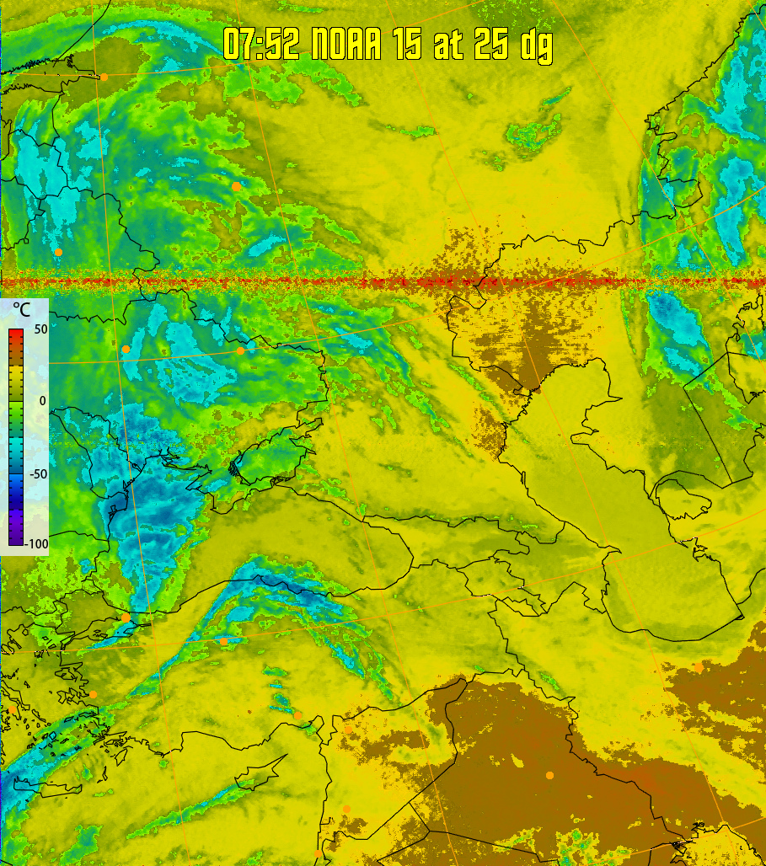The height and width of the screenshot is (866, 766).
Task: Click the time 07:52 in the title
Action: tap(261, 44)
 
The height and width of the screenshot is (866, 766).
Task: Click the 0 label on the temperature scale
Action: tap(42, 400)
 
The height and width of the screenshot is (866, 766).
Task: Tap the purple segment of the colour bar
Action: tap(16, 531)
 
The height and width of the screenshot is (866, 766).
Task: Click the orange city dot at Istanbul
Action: tap(126, 617)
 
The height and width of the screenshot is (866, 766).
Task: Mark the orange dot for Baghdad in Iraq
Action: tap(549, 775)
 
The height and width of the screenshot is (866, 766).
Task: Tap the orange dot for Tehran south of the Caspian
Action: tap(699, 667)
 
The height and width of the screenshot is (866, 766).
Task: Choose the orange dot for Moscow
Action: tap(236, 185)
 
